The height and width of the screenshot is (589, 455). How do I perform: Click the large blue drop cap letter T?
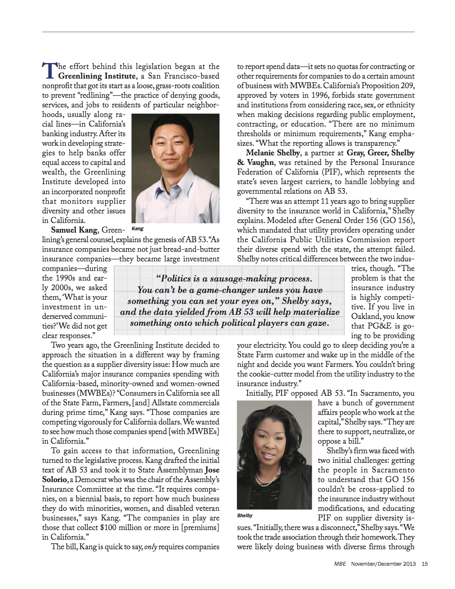(49, 71)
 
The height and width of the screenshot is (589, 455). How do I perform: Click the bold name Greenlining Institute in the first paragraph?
(97, 76)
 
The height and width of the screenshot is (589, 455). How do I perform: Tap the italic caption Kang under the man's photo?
(137, 228)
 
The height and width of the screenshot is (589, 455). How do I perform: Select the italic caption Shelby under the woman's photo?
(245, 515)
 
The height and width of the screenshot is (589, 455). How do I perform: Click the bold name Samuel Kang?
(74, 230)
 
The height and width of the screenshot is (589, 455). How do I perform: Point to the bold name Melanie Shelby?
(273, 153)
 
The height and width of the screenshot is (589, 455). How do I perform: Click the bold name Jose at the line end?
(212, 470)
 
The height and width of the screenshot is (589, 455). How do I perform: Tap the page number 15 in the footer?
(424, 564)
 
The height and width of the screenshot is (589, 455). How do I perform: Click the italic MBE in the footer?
(340, 564)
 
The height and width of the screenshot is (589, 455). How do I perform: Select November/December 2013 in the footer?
(383, 564)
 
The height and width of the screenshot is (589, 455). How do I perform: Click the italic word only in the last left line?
(150, 547)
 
